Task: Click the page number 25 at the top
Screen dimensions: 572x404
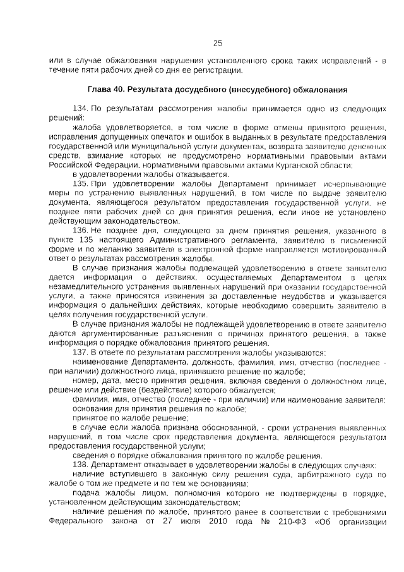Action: pyautogui.click(x=218, y=43)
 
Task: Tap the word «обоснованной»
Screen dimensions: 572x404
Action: pyautogui.click(x=225, y=427)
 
